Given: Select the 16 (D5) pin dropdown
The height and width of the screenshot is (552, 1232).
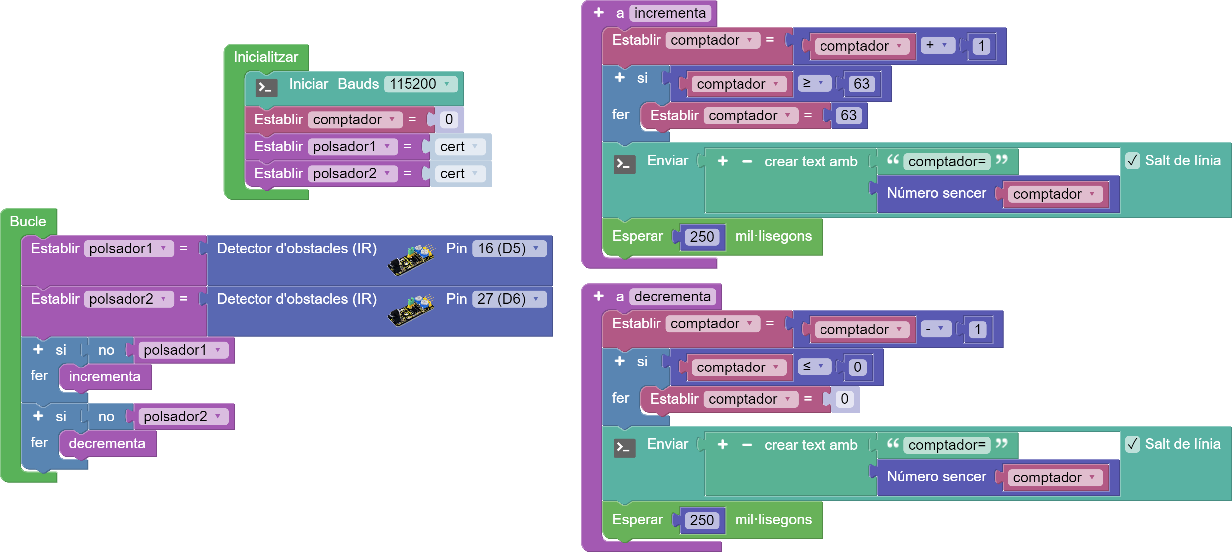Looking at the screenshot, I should tap(508, 248).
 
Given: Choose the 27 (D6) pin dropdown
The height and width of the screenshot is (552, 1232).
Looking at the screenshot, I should tap(508, 299).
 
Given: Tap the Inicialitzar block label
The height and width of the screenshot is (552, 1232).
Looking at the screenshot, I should tap(266, 57).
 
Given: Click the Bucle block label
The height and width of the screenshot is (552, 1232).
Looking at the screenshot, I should tap(28, 221).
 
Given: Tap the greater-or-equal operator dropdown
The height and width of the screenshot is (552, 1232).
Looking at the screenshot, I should tap(814, 83).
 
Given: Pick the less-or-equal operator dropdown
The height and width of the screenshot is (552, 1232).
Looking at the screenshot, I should tap(814, 367).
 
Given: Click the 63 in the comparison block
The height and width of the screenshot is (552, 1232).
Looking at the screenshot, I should tap(861, 84).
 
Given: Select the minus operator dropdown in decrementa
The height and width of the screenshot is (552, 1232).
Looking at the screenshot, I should tap(935, 329).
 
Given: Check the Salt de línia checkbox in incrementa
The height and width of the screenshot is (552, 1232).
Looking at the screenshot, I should tap(1133, 161).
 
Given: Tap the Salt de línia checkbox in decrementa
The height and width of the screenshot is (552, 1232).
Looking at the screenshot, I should tap(1133, 444).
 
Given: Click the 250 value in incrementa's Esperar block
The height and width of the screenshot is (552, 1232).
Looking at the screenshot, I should tap(702, 237).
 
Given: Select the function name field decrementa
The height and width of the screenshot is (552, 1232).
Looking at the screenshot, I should tap(672, 297).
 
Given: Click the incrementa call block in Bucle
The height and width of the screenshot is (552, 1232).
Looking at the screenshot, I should tap(104, 377).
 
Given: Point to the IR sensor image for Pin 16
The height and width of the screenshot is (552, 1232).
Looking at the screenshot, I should tap(411, 259).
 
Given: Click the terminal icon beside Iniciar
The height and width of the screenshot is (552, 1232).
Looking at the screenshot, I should tap(266, 88).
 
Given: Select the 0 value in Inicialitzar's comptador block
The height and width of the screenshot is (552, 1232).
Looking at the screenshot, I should tap(449, 120).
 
